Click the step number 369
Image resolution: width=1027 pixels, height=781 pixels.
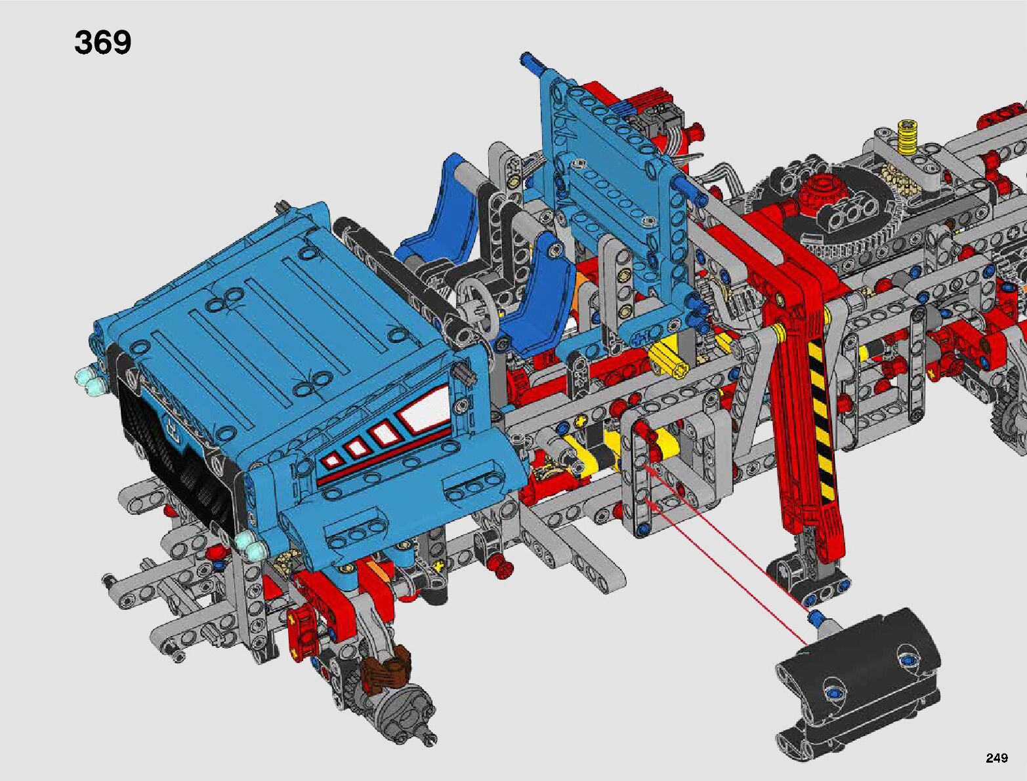tap(102, 43)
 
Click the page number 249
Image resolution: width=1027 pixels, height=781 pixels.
tap(997, 757)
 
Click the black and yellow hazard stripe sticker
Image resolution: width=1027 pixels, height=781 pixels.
tap(822, 421)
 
